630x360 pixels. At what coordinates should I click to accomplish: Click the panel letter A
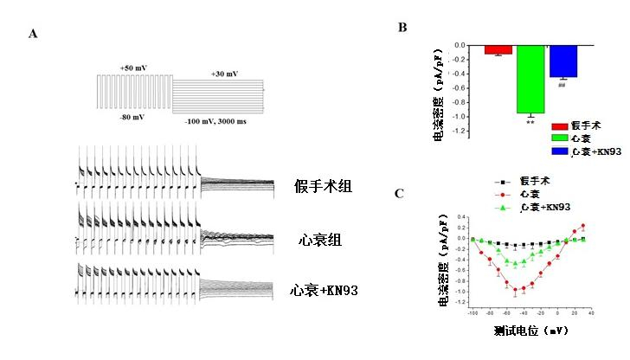coord(32,34)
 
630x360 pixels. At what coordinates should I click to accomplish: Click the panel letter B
coord(402,27)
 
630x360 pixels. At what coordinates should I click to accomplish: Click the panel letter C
coord(399,193)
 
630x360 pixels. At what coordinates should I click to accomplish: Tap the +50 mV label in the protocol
coord(134,67)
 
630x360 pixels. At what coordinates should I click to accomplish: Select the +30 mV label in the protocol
coord(223,74)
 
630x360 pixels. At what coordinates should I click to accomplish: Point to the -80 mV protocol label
coord(132,116)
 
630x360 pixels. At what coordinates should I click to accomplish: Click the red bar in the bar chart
coord(498,49)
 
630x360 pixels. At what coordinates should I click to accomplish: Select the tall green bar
coord(530,79)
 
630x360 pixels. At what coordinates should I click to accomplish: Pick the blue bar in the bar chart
coord(563,61)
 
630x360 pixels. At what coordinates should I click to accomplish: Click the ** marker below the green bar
coord(530,122)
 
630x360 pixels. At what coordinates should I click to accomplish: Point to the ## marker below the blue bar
coord(562,85)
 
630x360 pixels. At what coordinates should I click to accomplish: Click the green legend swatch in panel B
coord(560,138)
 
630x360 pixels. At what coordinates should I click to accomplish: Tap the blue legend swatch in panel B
coord(560,151)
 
